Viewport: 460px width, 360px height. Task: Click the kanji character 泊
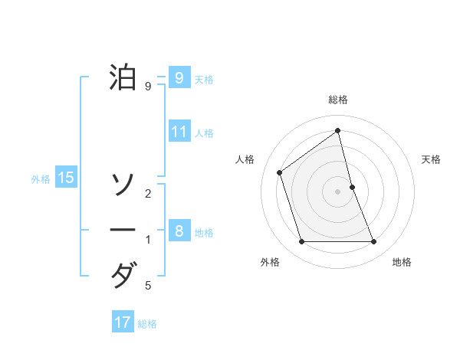123,77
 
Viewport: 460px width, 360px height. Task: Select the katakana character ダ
123,275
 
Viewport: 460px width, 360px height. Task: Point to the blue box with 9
179,77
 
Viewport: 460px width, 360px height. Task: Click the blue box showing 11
179,131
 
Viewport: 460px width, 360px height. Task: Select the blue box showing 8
179,231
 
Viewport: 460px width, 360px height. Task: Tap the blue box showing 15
66,178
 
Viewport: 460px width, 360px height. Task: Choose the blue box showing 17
123,322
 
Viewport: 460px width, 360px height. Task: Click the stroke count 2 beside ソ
148,194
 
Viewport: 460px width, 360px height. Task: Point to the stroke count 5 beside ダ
148,286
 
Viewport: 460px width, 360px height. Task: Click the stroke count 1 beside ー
148,240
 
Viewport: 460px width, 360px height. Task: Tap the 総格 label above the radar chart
338,100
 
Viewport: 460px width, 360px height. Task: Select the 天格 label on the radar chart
432,159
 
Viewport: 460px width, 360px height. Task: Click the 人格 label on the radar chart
245,159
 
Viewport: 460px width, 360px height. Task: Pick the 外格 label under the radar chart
270,262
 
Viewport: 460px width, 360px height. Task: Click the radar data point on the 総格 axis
338,130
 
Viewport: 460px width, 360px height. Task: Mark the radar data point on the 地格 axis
374,242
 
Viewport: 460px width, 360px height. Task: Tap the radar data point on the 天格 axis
352,187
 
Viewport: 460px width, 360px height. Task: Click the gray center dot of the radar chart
338,191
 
